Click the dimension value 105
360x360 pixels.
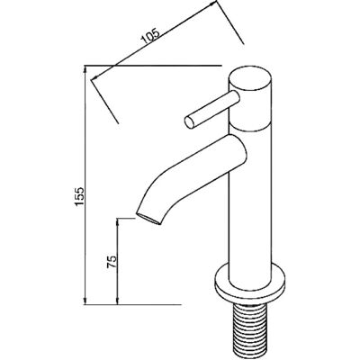tap(150, 37)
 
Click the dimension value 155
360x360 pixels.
tap(79, 196)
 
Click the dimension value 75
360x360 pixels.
tap(112, 262)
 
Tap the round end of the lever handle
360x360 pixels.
tap(190, 122)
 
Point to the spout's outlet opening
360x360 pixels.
tap(148, 219)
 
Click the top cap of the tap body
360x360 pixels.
tap(250, 79)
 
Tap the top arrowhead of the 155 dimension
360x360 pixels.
tap(85, 69)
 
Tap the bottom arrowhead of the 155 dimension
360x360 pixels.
tap(85, 301)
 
